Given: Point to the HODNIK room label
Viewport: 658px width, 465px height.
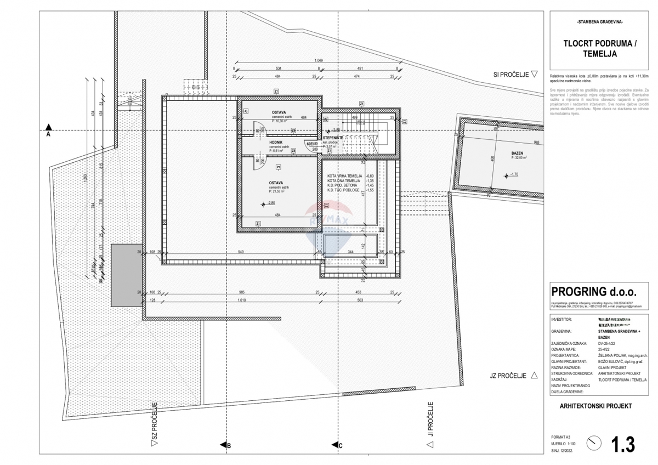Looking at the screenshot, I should [276, 141].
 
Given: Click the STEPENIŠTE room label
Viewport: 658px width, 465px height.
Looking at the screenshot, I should [333, 138].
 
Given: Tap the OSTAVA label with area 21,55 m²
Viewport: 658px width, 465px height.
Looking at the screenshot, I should [276, 183].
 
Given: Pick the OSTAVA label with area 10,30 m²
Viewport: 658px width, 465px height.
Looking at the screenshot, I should [279, 112].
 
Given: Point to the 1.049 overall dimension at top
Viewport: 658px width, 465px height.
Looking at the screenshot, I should [318, 60].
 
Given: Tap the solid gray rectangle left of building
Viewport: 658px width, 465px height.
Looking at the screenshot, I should [126, 275].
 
